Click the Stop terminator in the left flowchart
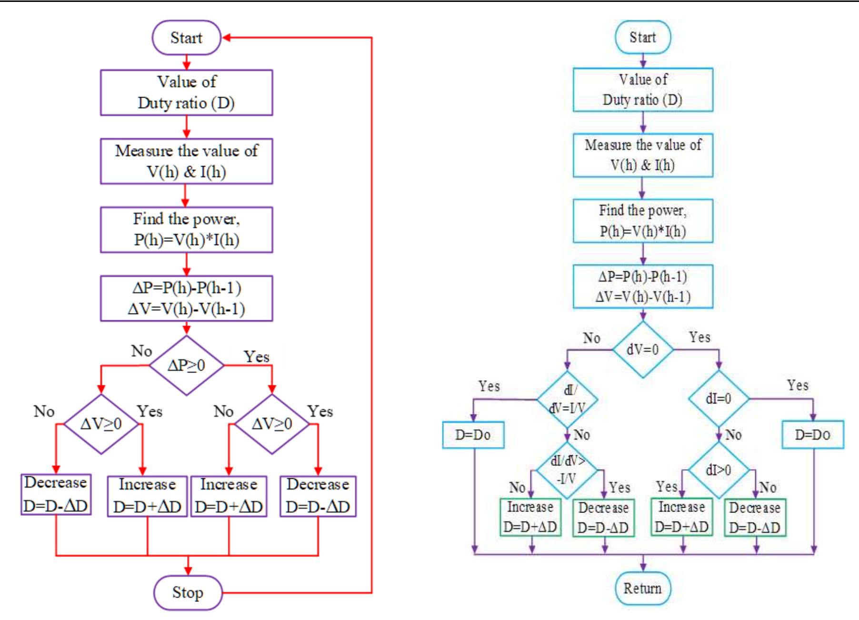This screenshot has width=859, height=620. [188, 592]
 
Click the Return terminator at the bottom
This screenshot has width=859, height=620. [642, 589]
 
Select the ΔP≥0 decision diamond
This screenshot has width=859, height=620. [187, 365]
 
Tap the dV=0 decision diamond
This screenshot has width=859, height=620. [642, 350]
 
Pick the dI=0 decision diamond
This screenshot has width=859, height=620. [719, 399]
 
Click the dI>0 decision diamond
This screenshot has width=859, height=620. [719, 470]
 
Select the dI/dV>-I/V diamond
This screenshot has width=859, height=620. [567, 470]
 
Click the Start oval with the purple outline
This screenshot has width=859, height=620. [187, 38]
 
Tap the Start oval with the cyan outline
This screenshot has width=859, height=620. [642, 37]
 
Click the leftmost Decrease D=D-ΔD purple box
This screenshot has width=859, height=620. [56, 494]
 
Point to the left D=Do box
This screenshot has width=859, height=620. [473, 434]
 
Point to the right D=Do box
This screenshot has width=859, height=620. [812, 434]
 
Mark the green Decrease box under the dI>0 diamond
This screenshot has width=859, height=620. [755, 518]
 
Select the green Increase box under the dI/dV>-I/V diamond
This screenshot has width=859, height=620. [530, 517]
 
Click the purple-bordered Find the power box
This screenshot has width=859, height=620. [187, 229]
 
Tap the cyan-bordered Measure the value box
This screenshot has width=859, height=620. [642, 155]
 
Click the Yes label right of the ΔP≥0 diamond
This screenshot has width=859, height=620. [257, 356]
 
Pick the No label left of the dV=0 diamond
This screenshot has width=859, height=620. [591, 338]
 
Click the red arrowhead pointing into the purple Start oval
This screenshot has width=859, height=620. [227, 38]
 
